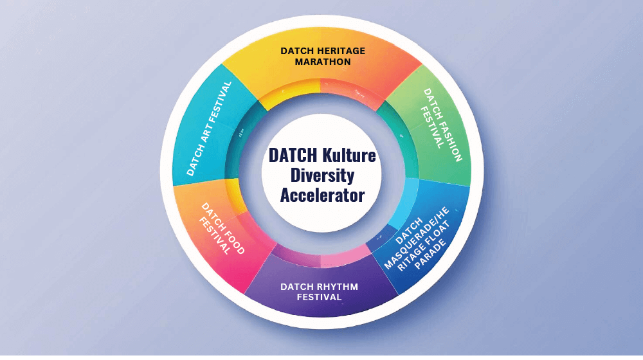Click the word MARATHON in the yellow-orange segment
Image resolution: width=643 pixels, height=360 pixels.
click(x=322, y=62)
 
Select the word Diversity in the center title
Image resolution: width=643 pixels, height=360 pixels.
click(x=321, y=175)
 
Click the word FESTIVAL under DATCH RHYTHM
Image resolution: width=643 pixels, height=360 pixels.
click(x=319, y=297)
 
